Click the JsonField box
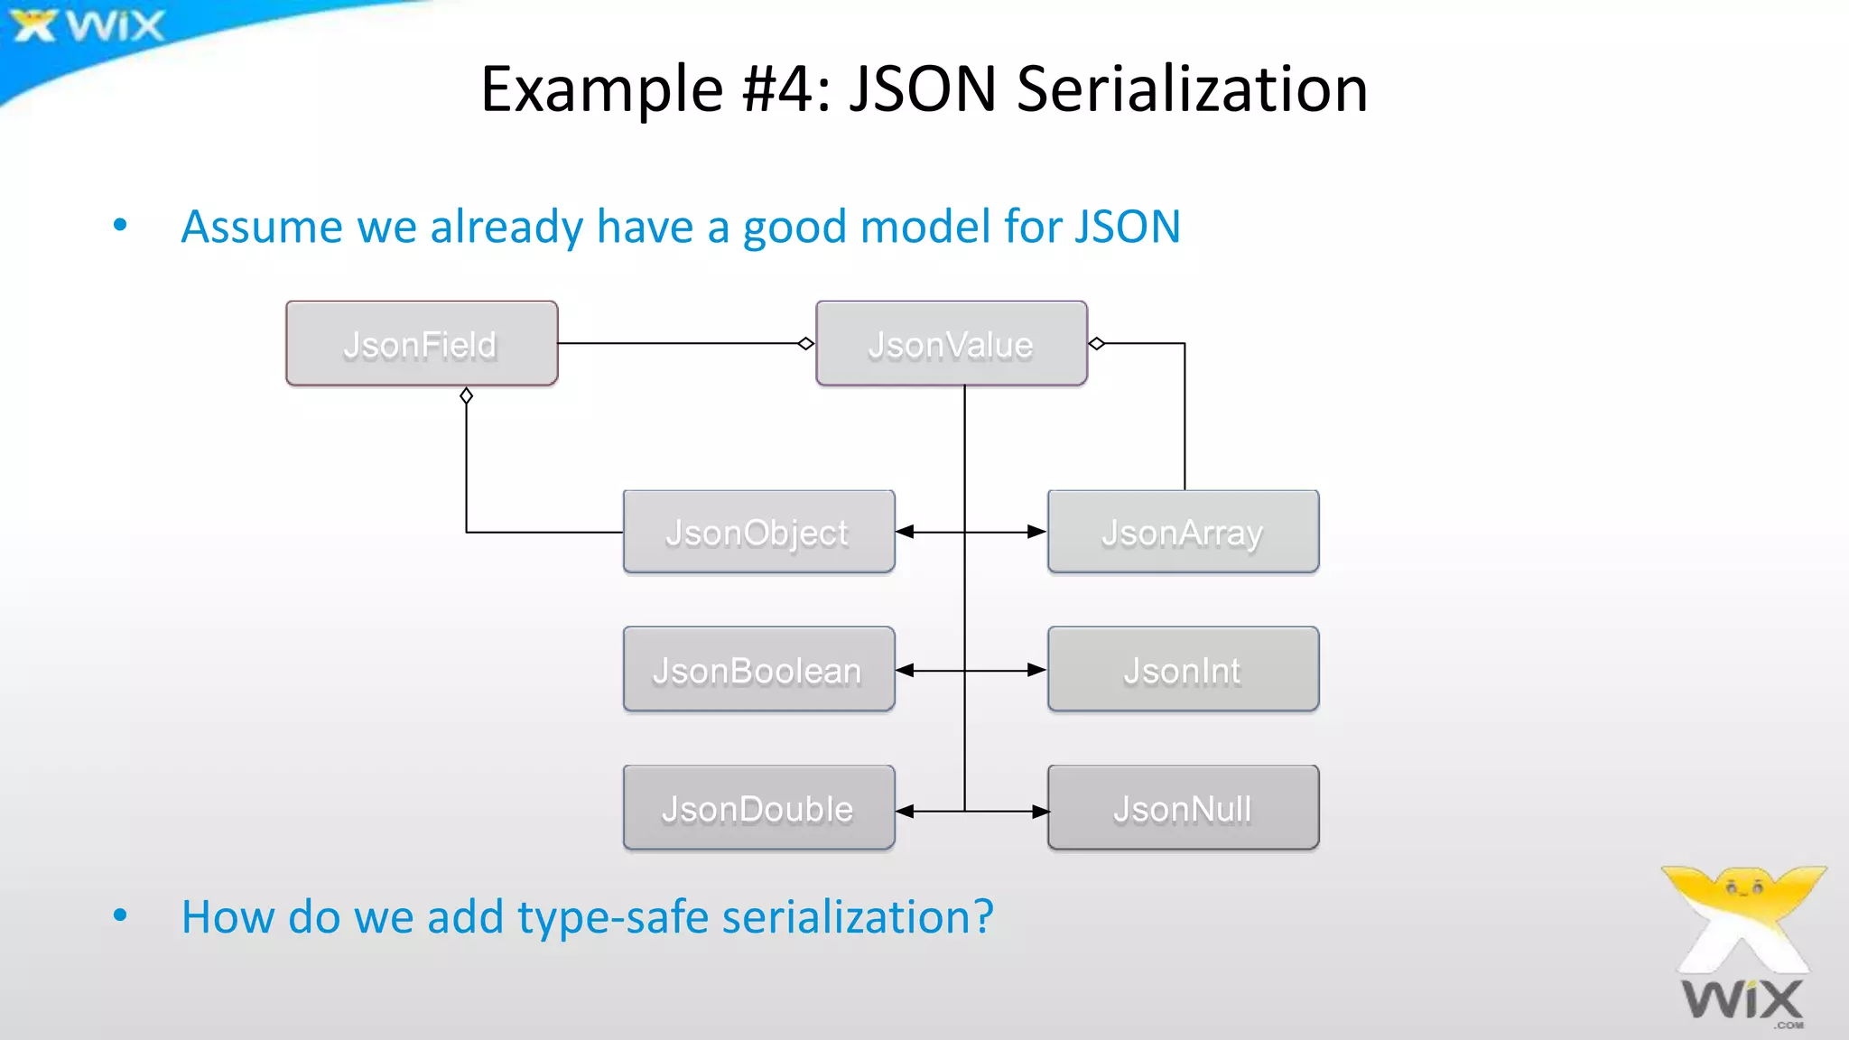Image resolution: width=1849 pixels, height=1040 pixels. click(422, 344)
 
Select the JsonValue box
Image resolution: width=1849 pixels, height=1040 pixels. click(951, 344)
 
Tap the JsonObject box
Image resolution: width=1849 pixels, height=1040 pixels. click(758, 532)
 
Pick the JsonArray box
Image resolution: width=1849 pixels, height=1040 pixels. click(1183, 532)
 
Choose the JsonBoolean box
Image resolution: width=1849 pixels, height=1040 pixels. click(758, 670)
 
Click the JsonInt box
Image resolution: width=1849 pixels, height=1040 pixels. click(1183, 670)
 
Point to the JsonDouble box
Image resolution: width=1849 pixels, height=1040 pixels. click(758, 808)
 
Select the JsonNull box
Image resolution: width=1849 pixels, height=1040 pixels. click(1183, 808)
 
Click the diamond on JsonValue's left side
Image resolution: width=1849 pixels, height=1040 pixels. click(806, 343)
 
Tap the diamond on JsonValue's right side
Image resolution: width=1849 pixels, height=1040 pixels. click(1097, 343)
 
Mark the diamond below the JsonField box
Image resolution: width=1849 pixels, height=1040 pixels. click(466, 395)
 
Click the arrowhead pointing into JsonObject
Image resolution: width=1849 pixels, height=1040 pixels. click(905, 532)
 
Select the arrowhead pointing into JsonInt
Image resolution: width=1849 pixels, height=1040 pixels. click(1037, 670)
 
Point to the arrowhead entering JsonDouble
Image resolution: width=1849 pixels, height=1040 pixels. click(905, 812)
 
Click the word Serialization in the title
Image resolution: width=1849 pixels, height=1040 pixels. click(1192, 88)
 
